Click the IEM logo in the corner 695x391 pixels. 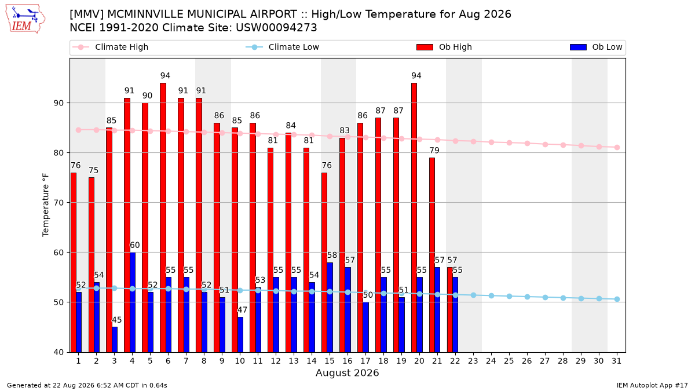(x=25, y=19)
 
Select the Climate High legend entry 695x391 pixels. (x=111, y=47)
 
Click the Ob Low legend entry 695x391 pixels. (x=596, y=47)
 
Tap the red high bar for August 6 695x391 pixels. (x=163, y=218)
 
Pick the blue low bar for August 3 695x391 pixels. (x=115, y=339)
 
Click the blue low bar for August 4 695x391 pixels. (x=133, y=302)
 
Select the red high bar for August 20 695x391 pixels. (x=414, y=218)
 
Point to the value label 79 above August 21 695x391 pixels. (x=434, y=151)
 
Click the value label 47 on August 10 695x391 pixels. (x=242, y=310)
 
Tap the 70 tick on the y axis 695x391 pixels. (x=58, y=203)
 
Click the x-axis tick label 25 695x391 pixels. (x=509, y=361)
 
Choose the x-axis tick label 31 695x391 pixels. (x=616, y=361)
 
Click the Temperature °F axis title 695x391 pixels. (x=46, y=205)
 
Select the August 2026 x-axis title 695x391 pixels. (x=347, y=372)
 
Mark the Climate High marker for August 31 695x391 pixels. (x=617, y=147)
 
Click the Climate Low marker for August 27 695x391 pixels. (x=545, y=297)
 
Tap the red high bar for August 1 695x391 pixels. (x=74, y=262)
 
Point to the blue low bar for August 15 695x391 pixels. (x=330, y=307)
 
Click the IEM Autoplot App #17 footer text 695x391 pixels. (x=652, y=385)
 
